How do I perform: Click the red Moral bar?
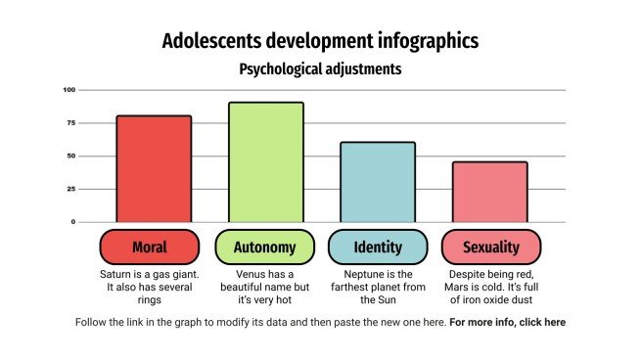pos(154,168)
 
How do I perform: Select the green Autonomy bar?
pos(265,161)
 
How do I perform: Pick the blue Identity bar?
pos(378,182)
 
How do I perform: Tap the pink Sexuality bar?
pos(490,192)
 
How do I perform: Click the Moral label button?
pos(150,247)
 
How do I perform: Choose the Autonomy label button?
pos(264,247)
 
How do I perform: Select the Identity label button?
pos(378,247)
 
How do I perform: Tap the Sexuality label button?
pos(491,247)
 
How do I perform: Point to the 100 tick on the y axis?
pos(69,90)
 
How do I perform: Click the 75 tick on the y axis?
pos(70,123)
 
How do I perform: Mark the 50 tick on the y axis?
pos(70,156)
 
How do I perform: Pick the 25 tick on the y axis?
pos(70,189)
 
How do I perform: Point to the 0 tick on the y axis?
pos(72,222)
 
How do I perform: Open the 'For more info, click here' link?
pos(507,322)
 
